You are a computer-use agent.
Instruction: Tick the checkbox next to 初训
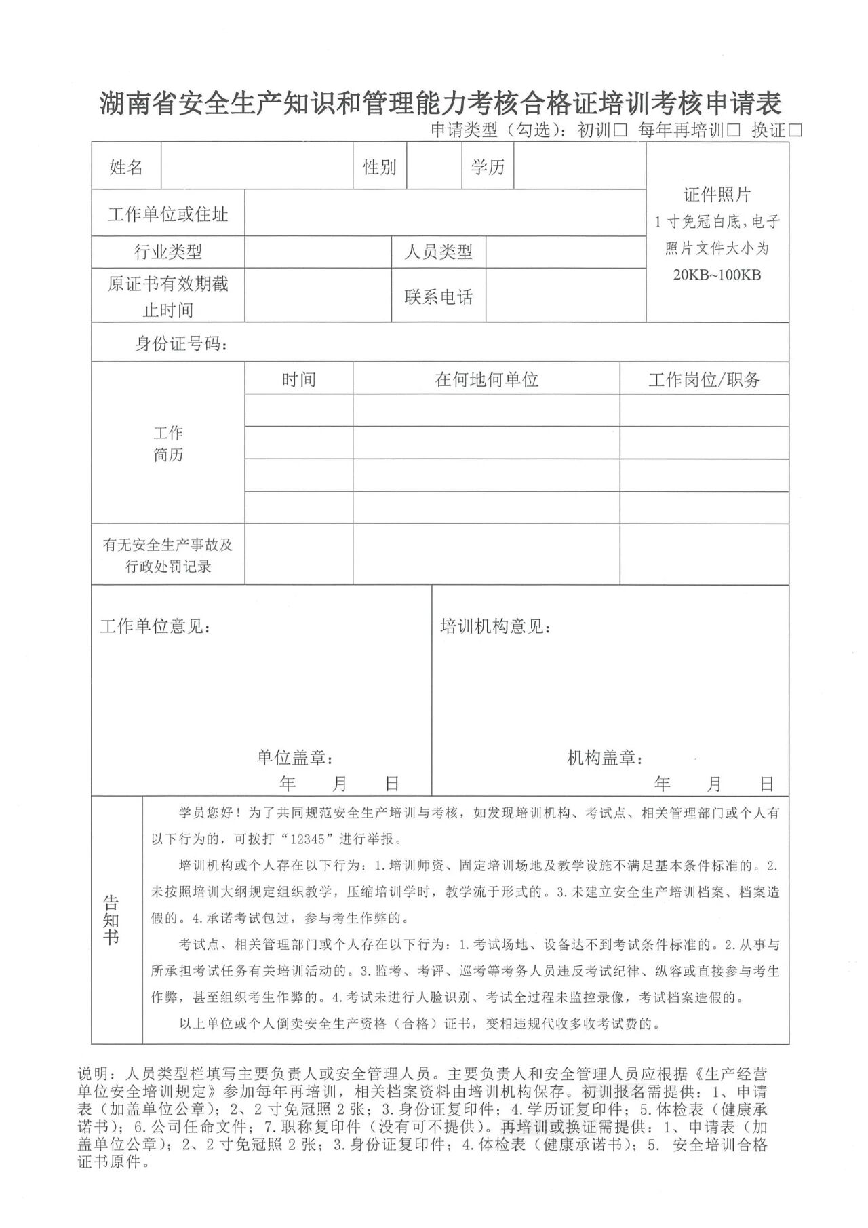(620, 130)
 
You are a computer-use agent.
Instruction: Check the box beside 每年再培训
(732, 130)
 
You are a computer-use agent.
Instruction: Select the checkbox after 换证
(795, 130)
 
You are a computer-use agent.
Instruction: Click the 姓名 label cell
(126, 167)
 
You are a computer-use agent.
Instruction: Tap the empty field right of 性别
(434, 167)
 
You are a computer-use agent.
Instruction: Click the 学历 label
(488, 167)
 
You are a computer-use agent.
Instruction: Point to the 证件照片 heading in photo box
(717, 195)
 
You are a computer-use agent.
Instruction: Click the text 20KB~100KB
(717, 275)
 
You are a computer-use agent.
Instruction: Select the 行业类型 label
(168, 252)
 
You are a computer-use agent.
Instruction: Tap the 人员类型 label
(438, 252)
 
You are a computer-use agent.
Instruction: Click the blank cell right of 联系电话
(566, 296)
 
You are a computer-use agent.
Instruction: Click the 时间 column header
(298, 379)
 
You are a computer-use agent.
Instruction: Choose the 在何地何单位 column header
(486, 379)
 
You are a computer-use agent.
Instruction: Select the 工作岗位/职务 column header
(704, 380)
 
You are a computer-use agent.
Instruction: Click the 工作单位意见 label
(155, 626)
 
